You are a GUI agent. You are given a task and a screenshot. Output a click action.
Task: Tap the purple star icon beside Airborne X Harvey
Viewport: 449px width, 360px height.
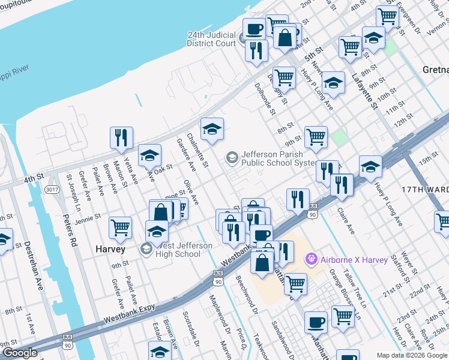311,259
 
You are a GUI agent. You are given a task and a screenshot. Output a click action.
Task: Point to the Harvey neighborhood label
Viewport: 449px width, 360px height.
110,248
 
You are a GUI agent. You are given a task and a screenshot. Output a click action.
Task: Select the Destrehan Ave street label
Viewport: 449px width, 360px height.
27,265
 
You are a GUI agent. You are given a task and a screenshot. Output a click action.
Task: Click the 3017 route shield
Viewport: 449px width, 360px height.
52,190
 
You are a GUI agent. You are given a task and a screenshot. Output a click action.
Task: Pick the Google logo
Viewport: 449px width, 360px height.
19,353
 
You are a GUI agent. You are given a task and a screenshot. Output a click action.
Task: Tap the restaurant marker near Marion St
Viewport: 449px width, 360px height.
121,138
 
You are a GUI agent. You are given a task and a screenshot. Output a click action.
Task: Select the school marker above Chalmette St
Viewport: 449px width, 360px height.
212,130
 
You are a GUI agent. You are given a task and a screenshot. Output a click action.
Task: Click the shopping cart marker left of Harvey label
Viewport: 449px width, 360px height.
120,228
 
